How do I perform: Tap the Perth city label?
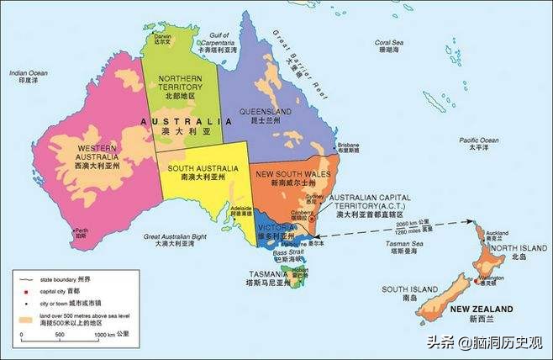pos(81,232)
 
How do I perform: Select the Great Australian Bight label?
pos(175,239)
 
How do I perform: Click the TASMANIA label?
pos(270,275)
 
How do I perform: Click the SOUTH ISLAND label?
pos(399,290)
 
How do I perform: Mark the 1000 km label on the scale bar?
pos(107,336)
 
